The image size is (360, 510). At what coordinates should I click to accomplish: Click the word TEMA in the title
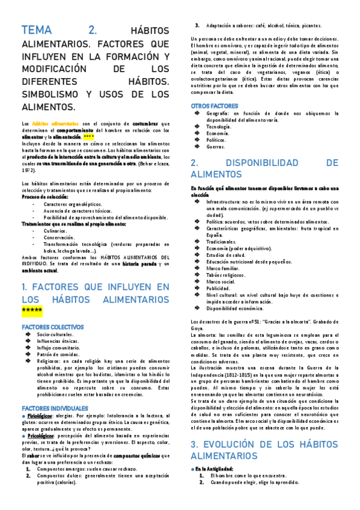click(x=37, y=31)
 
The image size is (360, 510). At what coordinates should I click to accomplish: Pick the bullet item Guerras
click(x=216, y=146)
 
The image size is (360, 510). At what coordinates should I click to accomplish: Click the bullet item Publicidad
click(x=219, y=287)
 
